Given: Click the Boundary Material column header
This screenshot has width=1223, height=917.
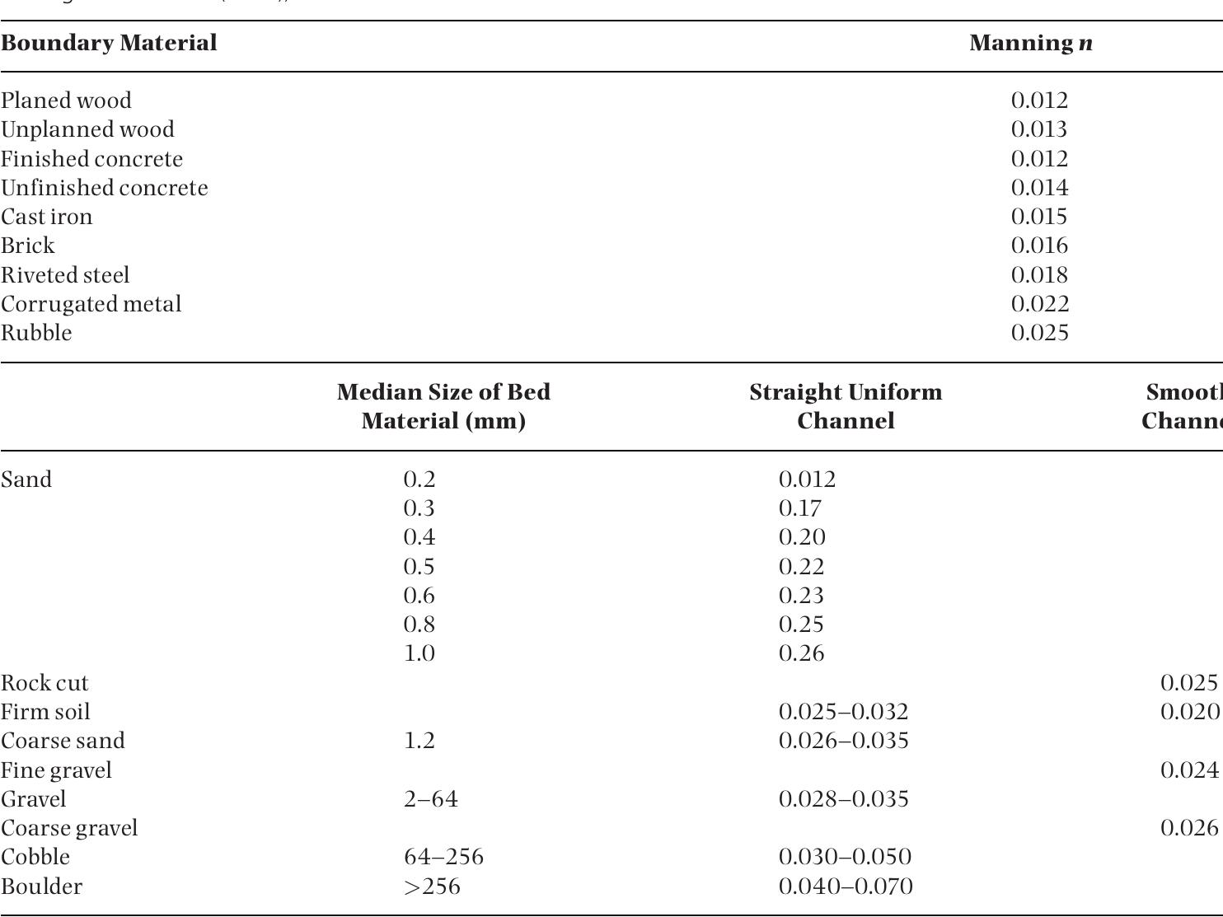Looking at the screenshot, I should [109, 43].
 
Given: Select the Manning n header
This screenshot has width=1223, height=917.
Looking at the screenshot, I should [1031, 43].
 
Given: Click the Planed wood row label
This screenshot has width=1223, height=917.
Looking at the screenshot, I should [66, 101].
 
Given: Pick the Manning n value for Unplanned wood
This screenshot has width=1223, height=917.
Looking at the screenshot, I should [1038, 129].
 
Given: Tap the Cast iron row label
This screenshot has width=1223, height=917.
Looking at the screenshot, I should [47, 217].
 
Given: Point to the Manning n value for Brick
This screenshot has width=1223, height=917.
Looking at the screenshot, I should [1038, 246].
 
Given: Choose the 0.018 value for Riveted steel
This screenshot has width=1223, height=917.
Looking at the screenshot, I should [1038, 275].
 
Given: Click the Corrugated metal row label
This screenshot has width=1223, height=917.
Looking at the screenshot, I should [91, 304].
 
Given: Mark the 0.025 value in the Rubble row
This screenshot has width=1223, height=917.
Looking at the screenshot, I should [1038, 333].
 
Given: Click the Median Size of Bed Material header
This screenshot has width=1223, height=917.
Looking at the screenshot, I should [443, 406].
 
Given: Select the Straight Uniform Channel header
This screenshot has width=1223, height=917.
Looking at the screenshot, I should [846, 406].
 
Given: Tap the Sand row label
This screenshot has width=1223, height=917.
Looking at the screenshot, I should [26, 480].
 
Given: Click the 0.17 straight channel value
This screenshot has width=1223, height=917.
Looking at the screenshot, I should [799, 508].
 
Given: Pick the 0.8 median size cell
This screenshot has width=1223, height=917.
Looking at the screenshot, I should [419, 625].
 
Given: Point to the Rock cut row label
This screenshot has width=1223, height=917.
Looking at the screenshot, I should [45, 683].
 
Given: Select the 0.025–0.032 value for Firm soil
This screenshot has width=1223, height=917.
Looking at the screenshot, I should [843, 712].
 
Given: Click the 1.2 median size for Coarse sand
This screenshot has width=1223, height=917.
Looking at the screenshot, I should [419, 741].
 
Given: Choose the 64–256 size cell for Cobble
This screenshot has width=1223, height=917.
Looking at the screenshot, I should [443, 857].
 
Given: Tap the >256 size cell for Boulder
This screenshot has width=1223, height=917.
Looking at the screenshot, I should [432, 887].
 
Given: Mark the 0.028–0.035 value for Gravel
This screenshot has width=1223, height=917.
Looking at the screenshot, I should [843, 799].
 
